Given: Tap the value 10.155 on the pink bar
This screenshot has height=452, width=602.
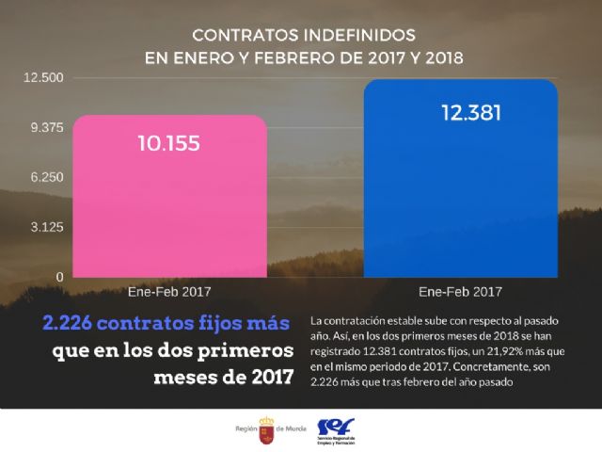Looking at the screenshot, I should pos(168,144).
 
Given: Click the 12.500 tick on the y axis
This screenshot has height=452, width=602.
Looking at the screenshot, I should pos(43,77).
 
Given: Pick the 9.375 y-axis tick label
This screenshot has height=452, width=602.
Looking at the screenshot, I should pos(46,127).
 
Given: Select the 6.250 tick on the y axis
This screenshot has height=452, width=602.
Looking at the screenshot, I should pos(46,177).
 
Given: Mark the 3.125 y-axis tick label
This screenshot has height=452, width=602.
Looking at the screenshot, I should pos(46,227).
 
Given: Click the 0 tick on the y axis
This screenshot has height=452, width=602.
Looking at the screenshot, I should pos(59,277).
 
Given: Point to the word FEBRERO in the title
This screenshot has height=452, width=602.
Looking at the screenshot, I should pos(293,57).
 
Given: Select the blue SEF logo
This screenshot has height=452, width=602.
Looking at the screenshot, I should pos(335,427).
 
